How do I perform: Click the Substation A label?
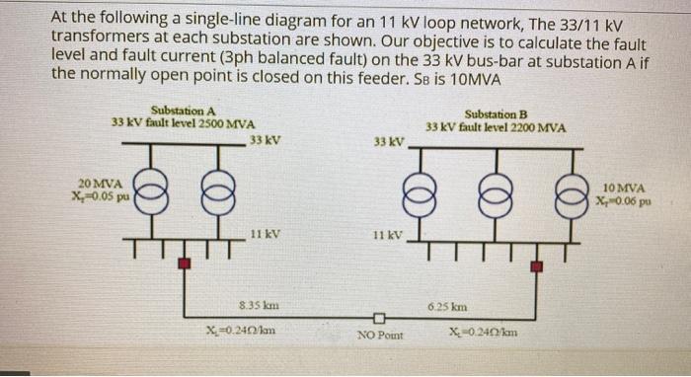point(183,111)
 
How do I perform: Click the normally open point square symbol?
point(378,319)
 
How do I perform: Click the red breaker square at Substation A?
point(184,264)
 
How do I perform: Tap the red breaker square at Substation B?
point(537,266)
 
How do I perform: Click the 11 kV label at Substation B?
point(388,236)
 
